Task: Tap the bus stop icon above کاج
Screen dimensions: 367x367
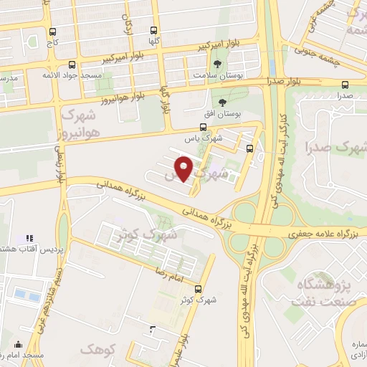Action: pyautogui.click(x=52, y=32)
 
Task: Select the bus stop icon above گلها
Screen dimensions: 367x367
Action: pyautogui.click(x=153, y=31)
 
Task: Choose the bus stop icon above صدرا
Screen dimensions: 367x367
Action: pyautogui.click(x=346, y=83)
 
